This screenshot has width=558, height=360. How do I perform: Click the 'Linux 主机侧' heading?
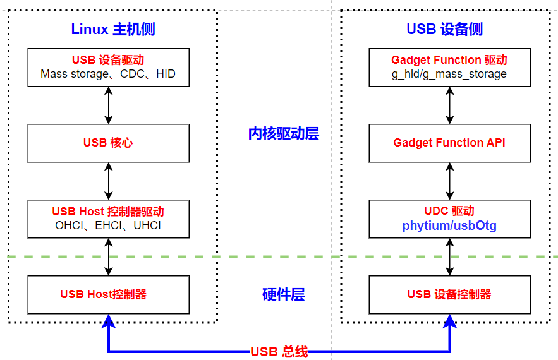[113, 29]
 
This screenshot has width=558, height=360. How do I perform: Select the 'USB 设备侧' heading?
[444, 29]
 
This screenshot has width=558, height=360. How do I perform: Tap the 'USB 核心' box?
[109, 143]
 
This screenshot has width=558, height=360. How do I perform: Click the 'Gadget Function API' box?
[449, 143]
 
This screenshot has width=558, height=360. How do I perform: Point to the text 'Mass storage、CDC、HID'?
[108, 74]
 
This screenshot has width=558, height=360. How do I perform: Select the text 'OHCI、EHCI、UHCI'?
[108, 225]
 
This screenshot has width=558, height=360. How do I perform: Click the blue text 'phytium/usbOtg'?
[449, 226]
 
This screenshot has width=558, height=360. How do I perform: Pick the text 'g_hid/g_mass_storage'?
[449, 75]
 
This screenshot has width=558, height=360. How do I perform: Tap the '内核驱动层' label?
[284, 134]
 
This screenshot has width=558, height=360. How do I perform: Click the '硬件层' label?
[284, 294]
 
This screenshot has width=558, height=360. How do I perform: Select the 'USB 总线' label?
[279, 352]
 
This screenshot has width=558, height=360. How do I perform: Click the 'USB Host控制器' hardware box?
[109, 295]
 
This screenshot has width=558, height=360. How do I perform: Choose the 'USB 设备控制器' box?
[449, 295]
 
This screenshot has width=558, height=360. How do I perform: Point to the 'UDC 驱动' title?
[449, 211]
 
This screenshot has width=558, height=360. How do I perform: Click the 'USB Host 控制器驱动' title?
[108, 212]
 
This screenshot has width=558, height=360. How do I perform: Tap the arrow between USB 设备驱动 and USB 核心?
[109, 105]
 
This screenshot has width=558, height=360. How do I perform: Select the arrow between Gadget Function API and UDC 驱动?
[450, 181]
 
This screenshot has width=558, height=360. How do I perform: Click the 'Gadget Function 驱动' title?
[449, 60]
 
